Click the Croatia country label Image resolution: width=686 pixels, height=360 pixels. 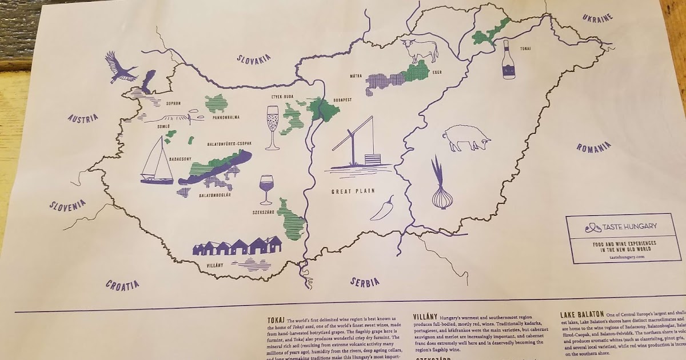[x=122, y=284]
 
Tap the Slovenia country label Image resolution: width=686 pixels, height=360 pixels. [x=67, y=205]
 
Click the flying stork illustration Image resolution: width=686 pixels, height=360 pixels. [x=121, y=67]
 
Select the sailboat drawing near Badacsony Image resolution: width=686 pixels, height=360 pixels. [x=156, y=161]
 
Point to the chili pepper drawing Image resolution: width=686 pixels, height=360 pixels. [x=382, y=208]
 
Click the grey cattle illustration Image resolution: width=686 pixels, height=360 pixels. [x=420, y=50]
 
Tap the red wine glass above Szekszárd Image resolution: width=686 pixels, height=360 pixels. [x=266, y=189]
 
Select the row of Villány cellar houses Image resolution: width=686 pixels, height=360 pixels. [x=237, y=247]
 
